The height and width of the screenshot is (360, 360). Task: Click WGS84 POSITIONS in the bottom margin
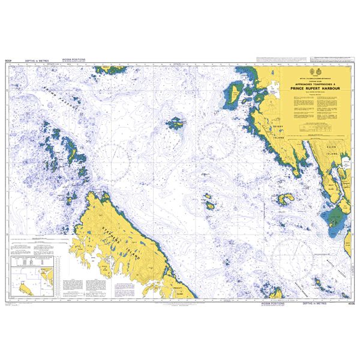[272, 304]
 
